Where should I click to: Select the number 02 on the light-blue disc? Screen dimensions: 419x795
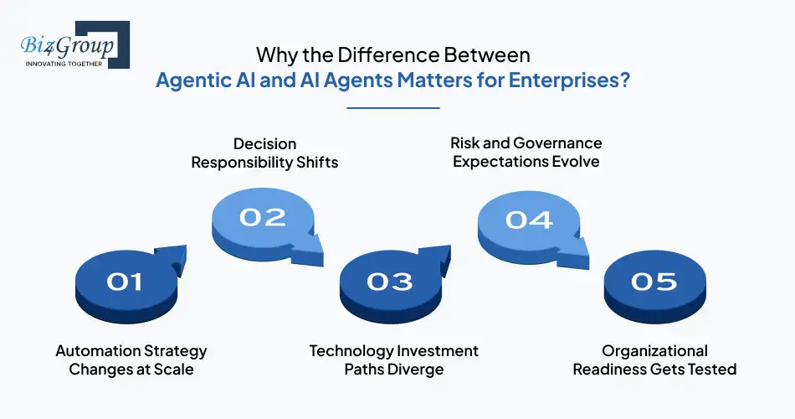(262, 217)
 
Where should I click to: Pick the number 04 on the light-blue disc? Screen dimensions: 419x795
(529, 219)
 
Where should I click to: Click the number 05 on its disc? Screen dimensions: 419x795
(654, 282)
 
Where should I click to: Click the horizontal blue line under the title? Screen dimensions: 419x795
(392, 107)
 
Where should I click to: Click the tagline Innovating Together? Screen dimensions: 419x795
(64, 64)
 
